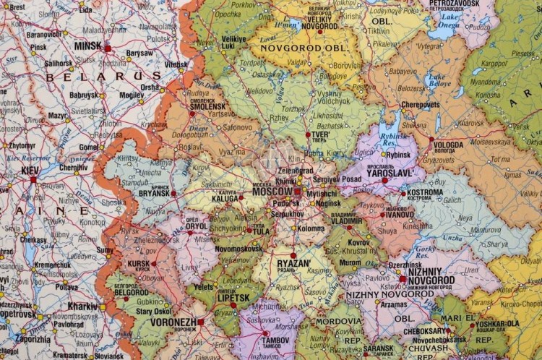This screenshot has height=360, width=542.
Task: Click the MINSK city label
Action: click(x=87, y=46)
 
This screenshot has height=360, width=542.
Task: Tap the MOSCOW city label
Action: click(x=272, y=192)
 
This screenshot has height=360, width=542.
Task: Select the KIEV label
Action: click(x=30, y=171)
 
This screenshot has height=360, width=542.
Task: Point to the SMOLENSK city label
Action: click(x=207, y=106)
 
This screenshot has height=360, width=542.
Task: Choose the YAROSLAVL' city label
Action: click(x=391, y=173)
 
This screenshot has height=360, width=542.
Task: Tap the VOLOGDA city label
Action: click(x=449, y=145)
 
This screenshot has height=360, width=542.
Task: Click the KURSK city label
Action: click(x=139, y=264)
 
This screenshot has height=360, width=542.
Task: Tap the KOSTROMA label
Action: click(x=425, y=193)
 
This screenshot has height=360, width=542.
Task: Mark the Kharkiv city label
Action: click(x=82, y=306)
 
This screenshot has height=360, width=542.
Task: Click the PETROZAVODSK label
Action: click(x=454, y=4)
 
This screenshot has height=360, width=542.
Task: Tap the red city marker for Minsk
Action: click(x=108, y=48)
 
